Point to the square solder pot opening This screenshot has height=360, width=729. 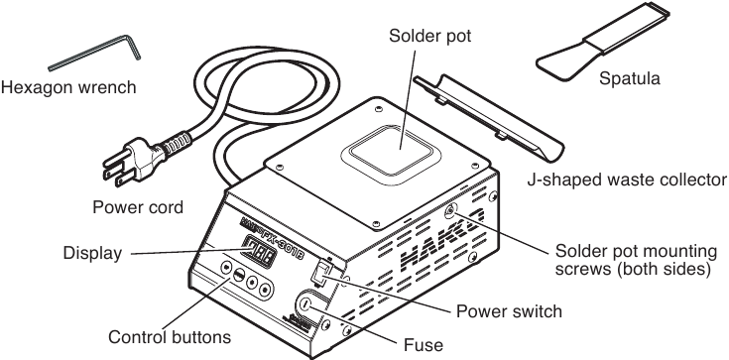[x=392, y=149]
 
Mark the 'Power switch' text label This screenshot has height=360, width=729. [x=509, y=311]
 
